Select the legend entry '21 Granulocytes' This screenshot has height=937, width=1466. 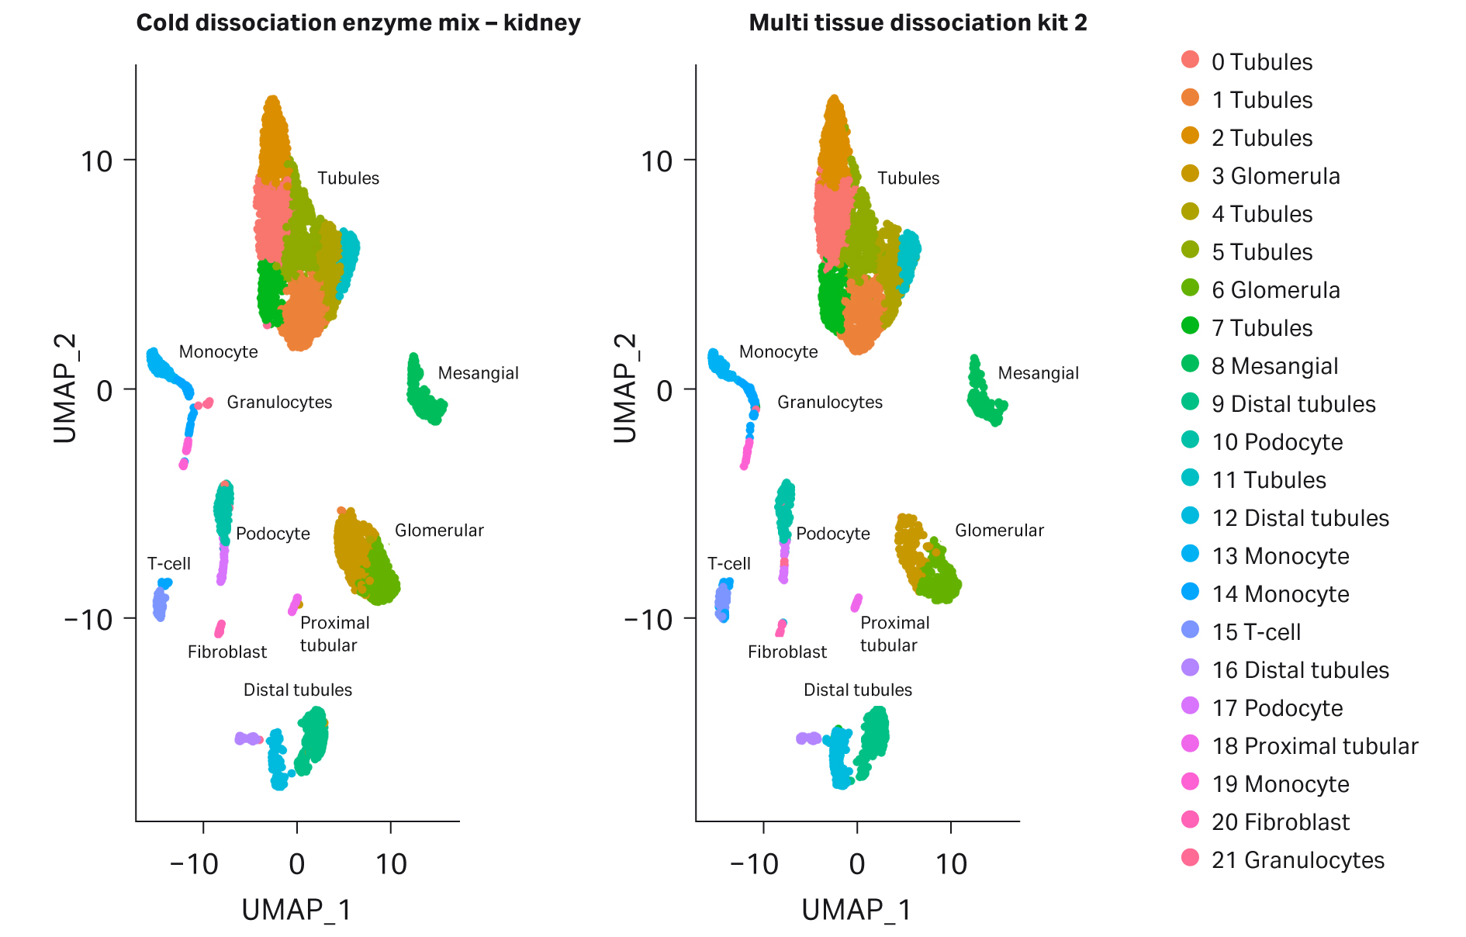pyautogui.click(x=1297, y=860)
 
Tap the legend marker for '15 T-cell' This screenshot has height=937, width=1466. pyautogui.click(x=1191, y=630)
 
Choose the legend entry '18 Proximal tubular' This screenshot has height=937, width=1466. pyautogui.click(x=1314, y=746)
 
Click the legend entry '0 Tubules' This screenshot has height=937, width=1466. pyautogui.click(x=1261, y=62)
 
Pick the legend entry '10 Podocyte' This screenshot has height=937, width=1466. pyautogui.click(x=1277, y=442)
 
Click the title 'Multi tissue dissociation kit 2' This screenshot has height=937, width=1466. pyautogui.click(x=918, y=23)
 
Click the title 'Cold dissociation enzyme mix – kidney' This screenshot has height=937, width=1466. pyautogui.click(x=358, y=23)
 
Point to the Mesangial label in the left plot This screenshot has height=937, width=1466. pyautogui.click(x=478, y=373)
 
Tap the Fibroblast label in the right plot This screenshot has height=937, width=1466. pyautogui.click(x=787, y=652)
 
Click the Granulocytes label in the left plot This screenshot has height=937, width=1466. pyautogui.click(x=279, y=403)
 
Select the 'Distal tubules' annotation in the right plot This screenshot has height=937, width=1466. pyautogui.click(x=857, y=690)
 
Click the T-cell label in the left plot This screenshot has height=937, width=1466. pyautogui.click(x=168, y=564)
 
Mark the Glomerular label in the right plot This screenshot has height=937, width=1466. pyautogui.click(x=998, y=531)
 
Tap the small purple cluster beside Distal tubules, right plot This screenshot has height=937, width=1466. pyautogui.click(x=808, y=738)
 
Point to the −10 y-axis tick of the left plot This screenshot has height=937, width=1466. pyautogui.click(x=88, y=619)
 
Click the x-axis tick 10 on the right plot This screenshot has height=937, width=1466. pyautogui.click(x=951, y=864)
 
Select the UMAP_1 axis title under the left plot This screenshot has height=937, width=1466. pyautogui.click(x=296, y=910)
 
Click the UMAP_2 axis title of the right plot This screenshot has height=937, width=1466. pyautogui.click(x=624, y=389)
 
